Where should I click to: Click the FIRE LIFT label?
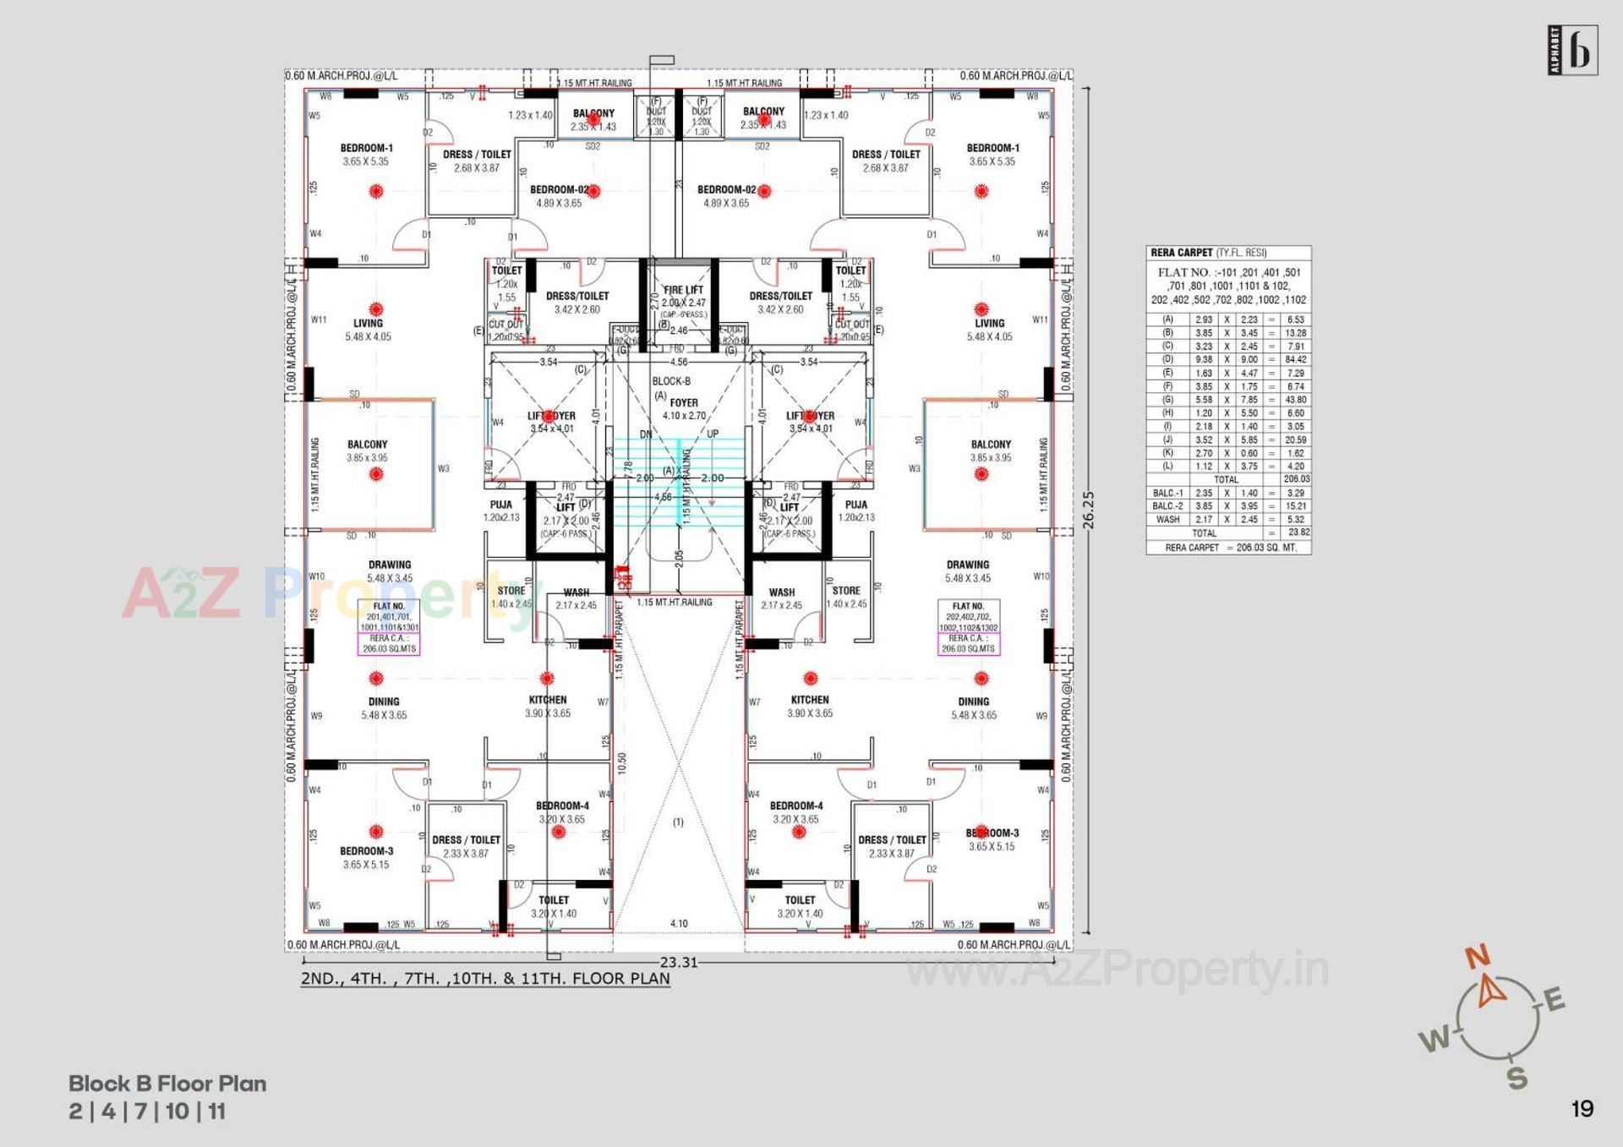coord(683,290)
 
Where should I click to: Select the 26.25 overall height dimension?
coord(1089,510)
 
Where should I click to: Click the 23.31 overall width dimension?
coord(679,962)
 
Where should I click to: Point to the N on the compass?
coord(1477,958)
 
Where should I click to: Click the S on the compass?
coord(1517,1078)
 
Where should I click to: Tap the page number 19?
coord(1582,1109)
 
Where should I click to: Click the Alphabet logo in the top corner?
coord(1572,51)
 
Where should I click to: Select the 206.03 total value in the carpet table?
coord(1295,479)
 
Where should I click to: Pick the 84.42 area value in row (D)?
coord(1295,360)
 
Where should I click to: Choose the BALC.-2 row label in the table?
coord(1167,506)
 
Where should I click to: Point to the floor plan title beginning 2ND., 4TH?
coord(485,979)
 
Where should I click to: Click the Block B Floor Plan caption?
coord(167,1084)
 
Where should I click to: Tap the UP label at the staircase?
coord(713,434)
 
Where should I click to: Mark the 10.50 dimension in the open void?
coord(622,763)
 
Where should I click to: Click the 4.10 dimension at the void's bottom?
coord(679,924)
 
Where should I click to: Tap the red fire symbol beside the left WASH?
coord(623,577)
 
